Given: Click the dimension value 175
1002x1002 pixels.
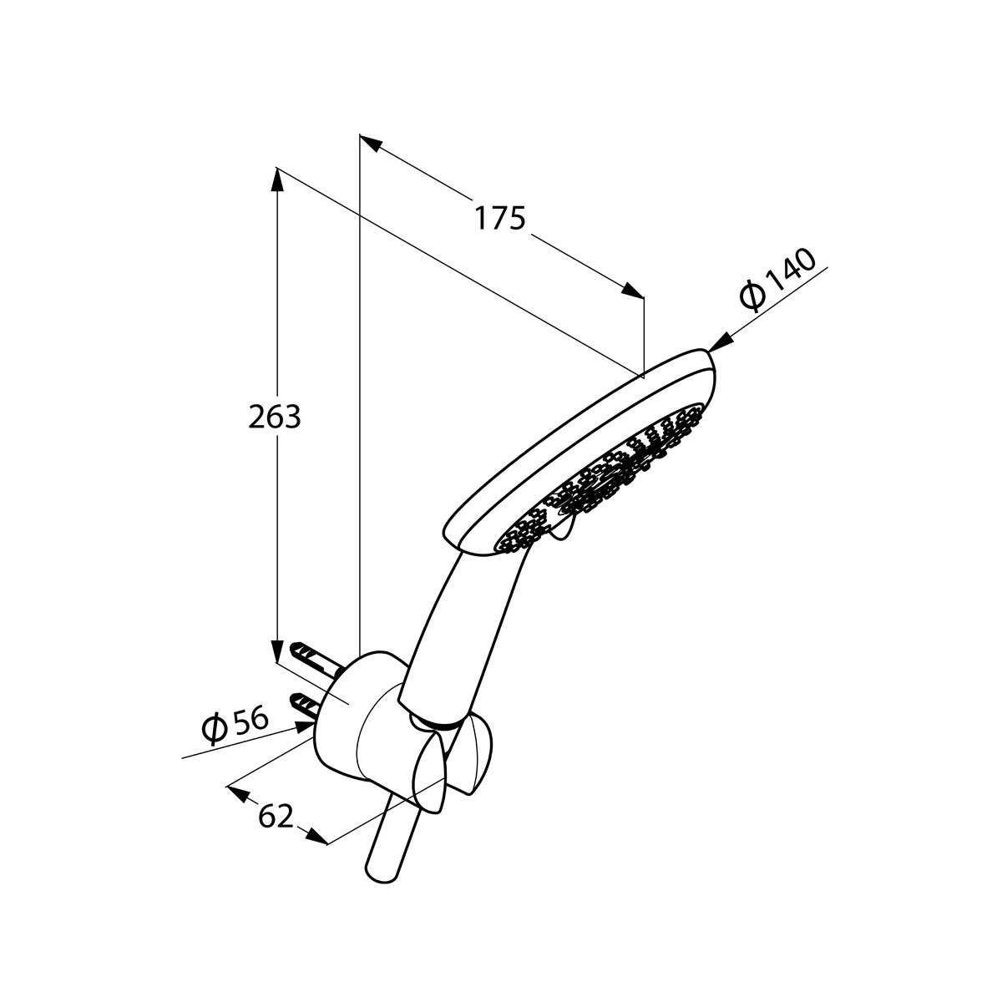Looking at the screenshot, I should [x=500, y=219].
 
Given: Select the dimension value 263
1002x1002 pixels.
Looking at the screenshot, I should [x=275, y=417].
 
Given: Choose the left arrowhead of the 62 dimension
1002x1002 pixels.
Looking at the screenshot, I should [x=237, y=791].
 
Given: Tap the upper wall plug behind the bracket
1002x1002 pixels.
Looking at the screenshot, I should [x=312, y=656].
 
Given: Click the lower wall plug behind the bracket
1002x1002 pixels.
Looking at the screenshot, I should [x=304, y=704].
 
